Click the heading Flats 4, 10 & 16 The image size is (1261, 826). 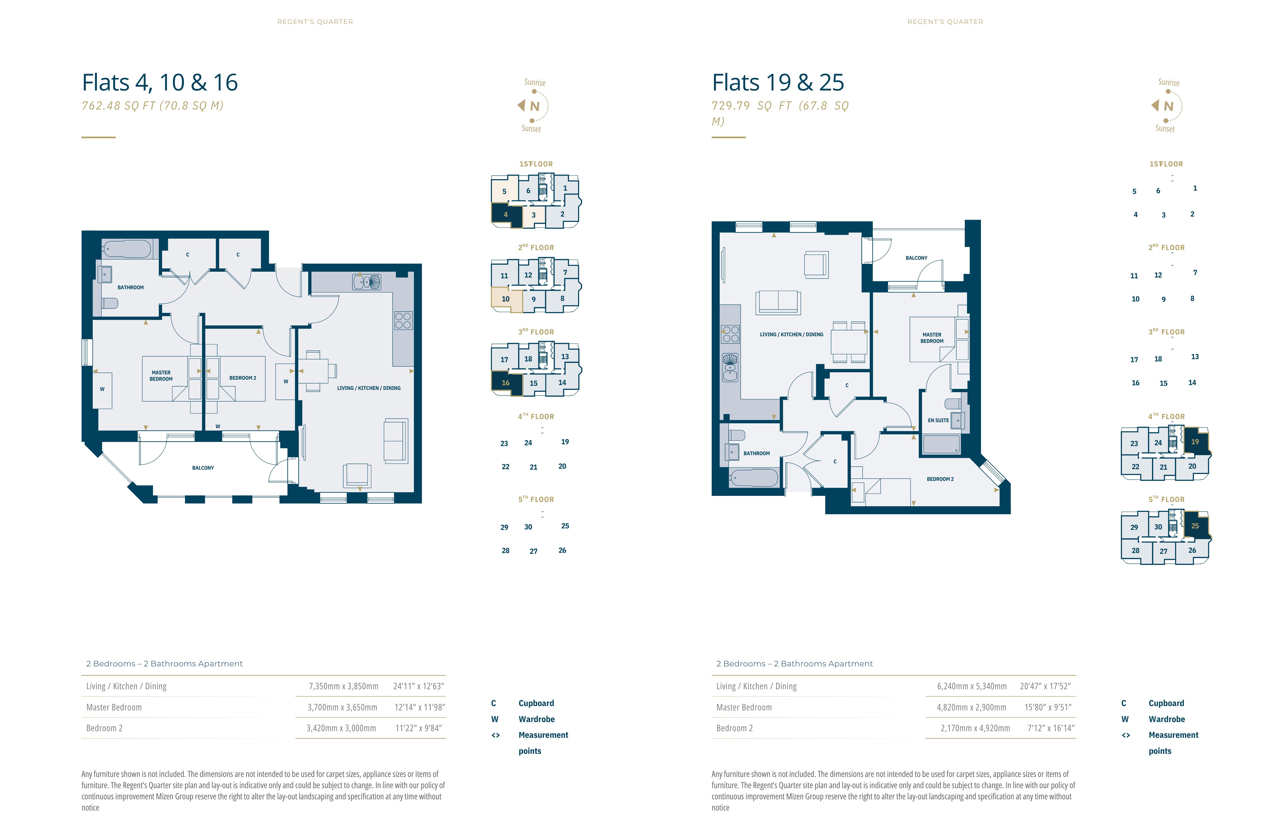pos(160,83)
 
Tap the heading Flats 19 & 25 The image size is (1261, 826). pos(778,83)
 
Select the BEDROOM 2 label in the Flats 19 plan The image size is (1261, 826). pos(940,479)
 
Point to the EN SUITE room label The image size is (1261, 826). pos(938,420)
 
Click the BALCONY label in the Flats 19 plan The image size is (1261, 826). pos(916,258)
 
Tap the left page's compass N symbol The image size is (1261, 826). pos(535,106)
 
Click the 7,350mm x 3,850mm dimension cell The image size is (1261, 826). pos(343,686)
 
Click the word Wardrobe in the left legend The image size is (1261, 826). pos(537,719)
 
